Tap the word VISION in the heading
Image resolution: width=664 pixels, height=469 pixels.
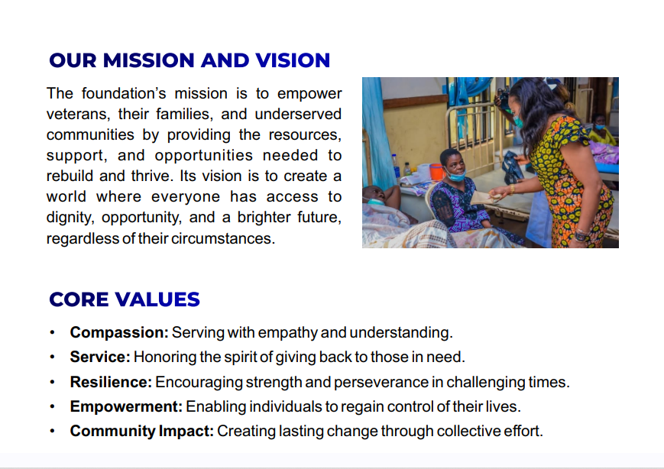click(293, 60)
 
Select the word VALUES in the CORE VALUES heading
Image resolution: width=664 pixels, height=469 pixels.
click(157, 299)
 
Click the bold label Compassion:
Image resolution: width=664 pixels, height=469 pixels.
click(119, 333)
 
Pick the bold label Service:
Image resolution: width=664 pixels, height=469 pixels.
click(100, 357)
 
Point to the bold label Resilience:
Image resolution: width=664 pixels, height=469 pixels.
click(111, 382)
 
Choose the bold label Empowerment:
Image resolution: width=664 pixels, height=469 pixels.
click(126, 407)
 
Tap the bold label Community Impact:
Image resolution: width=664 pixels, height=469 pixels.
click(142, 431)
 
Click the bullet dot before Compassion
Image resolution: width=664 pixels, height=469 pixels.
click(52, 333)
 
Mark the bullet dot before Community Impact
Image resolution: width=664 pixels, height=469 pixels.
click(52, 432)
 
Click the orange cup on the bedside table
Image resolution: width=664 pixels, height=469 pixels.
click(436, 172)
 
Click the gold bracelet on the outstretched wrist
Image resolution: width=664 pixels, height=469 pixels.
click(512, 189)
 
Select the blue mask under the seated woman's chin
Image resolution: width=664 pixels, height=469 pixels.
click(455, 175)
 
